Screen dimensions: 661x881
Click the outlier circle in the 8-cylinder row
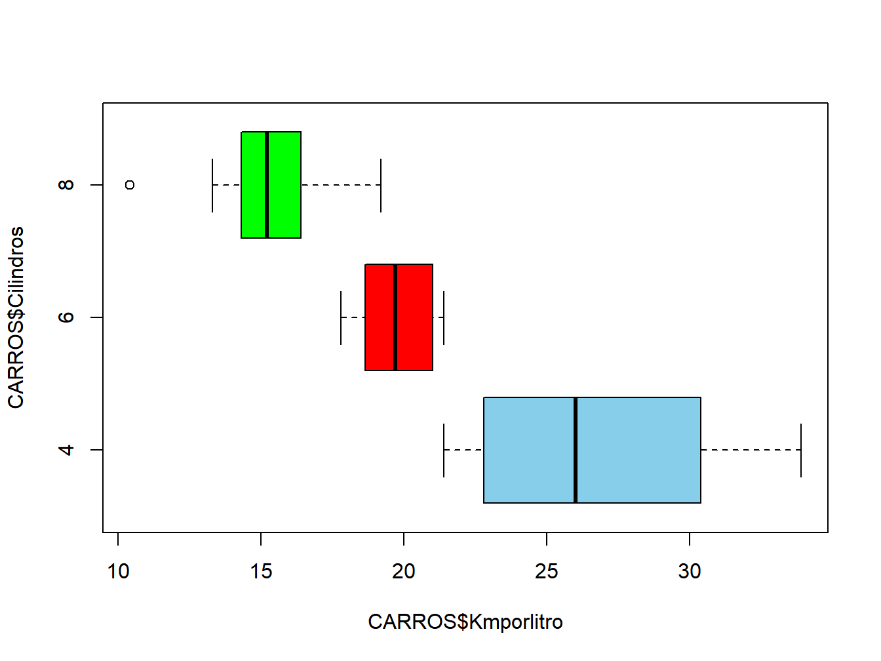(x=130, y=185)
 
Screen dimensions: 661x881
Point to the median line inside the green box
(x=267, y=185)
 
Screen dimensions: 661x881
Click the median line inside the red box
(x=395, y=317)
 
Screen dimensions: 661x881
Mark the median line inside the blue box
(x=576, y=450)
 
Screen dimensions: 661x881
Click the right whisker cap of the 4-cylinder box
(x=801, y=450)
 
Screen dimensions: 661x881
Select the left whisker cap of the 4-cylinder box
(x=444, y=450)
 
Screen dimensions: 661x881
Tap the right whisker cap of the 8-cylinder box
(x=381, y=185)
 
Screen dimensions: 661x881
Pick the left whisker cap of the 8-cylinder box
(x=212, y=185)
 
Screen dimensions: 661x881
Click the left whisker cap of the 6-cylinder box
(x=341, y=317)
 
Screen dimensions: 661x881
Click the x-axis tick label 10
(x=118, y=572)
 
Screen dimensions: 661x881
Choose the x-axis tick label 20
(x=404, y=572)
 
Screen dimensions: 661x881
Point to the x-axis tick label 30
(x=690, y=572)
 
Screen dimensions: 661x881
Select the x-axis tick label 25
(x=547, y=572)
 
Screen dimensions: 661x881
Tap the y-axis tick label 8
(x=66, y=185)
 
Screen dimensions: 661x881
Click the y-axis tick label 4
(x=66, y=450)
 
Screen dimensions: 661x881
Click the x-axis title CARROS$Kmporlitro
(x=465, y=622)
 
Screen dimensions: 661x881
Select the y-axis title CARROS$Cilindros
(x=16, y=317)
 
